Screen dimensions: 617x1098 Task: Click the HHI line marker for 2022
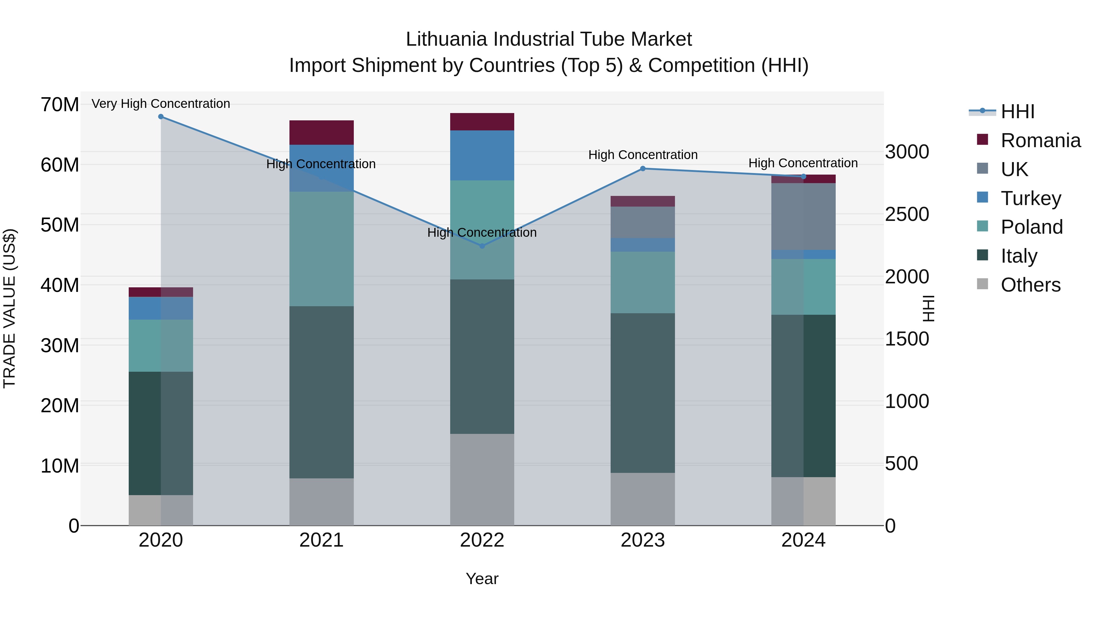[482, 246]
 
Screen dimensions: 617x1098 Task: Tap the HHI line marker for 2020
[161, 117]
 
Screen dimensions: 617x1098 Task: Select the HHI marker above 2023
[643, 168]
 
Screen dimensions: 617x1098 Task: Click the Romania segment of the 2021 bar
[321, 133]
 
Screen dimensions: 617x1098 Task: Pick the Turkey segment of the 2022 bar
[482, 155]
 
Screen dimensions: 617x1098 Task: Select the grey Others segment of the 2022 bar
[482, 480]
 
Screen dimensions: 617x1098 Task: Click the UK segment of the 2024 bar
[803, 216]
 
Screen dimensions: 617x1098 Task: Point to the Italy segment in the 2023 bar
[643, 393]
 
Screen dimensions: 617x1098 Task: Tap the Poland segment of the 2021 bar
[321, 249]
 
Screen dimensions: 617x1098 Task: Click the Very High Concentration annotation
[161, 104]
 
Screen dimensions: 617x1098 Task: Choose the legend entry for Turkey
[1030, 198]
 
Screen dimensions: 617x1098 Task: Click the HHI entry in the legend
[1017, 112]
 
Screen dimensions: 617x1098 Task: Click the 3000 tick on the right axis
[907, 152]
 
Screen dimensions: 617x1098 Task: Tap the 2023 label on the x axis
[643, 540]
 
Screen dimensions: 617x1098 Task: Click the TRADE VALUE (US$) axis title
[9, 308]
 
